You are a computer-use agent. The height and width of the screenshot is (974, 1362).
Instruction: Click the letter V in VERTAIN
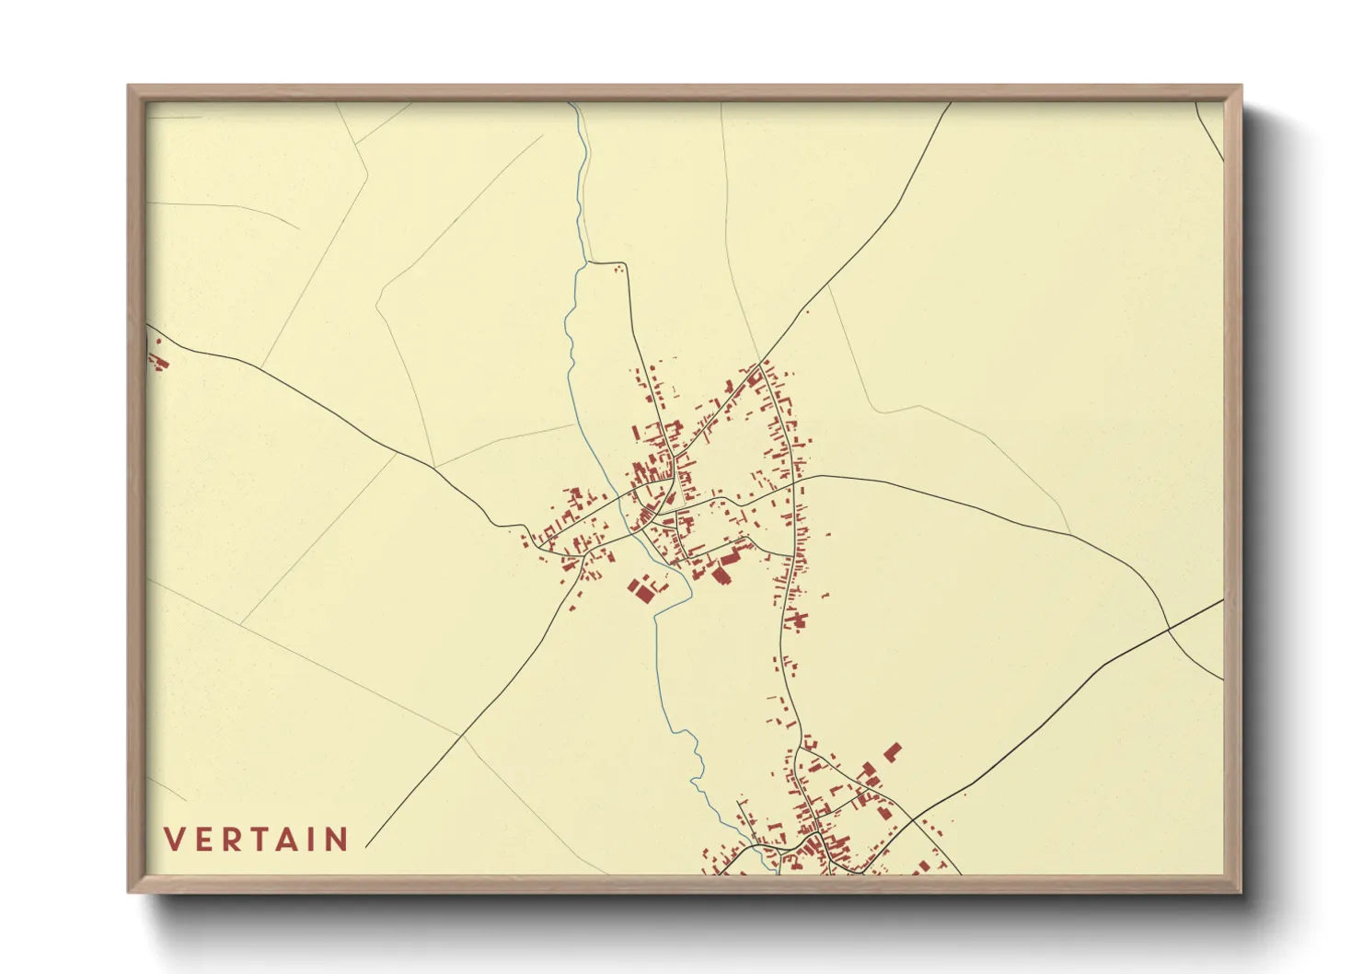pos(175,840)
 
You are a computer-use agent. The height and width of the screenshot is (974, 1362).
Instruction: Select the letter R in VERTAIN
pos(236,840)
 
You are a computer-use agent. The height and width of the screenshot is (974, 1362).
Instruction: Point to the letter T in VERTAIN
pos(265,840)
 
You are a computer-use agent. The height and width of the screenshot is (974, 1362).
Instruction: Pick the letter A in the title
pos(295,840)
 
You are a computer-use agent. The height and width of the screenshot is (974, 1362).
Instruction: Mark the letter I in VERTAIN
pos(318,840)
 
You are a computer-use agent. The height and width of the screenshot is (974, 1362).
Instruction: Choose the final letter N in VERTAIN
pos(339,840)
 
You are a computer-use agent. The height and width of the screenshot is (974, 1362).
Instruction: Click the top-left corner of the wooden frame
pos(129,87)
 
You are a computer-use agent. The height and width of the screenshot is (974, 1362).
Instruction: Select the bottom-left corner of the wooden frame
pos(129,890)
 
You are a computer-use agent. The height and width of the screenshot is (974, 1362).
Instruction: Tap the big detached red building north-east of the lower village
pos(892,752)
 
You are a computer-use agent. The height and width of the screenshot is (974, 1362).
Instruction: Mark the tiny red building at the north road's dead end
pos(618,268)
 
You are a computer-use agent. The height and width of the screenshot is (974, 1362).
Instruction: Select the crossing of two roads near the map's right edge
pos(1168,629)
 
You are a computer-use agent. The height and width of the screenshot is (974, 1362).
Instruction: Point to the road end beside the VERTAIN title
pos(366,846)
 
